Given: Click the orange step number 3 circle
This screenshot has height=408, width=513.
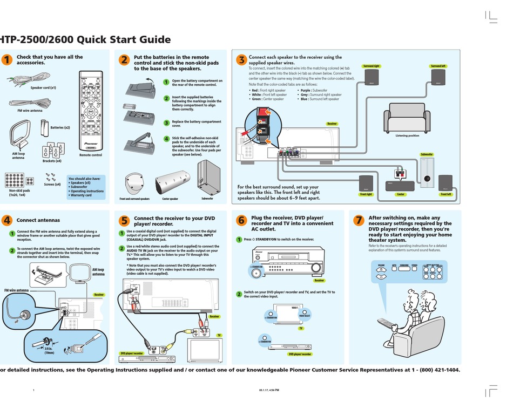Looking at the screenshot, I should tap(241, 60).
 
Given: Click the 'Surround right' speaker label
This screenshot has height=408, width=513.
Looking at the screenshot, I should tap(372, 66).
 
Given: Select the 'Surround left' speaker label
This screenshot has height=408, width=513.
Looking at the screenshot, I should tap(438, 66).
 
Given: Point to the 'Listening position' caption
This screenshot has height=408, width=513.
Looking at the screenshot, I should tap(407, 135).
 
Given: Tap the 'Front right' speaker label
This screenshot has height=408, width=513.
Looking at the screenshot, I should tap(366, 194).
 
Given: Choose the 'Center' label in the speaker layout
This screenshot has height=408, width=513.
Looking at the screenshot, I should tap(401, 194).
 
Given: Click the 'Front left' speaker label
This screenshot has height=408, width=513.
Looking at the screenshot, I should tap(446, 194).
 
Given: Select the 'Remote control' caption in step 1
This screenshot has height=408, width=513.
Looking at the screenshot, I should tap(90, 155).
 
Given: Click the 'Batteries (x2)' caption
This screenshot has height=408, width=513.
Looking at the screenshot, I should tap(60, 127).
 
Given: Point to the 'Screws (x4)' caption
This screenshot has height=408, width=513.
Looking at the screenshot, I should tap(52, 184).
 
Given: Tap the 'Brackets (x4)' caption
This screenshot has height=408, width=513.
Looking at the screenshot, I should tap(52, 161).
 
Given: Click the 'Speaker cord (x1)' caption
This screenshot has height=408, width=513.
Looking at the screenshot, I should tap(43, 87).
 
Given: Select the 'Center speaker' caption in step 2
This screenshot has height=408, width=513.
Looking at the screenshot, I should tap(170, 199).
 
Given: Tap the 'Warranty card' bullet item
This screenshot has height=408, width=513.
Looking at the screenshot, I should tap(81, 195).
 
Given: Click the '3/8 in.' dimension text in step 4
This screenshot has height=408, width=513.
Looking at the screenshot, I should tap(49, 349).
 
